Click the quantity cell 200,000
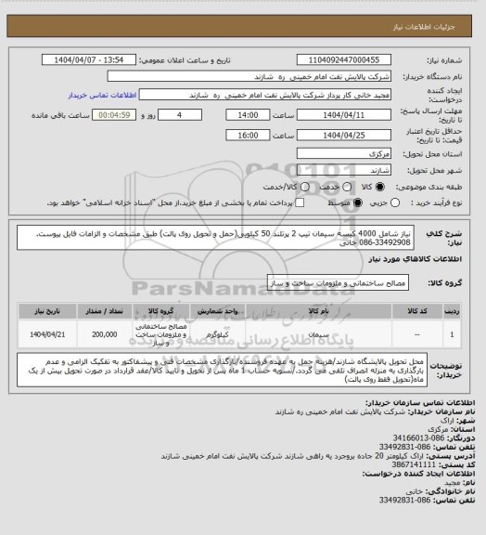105,332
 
